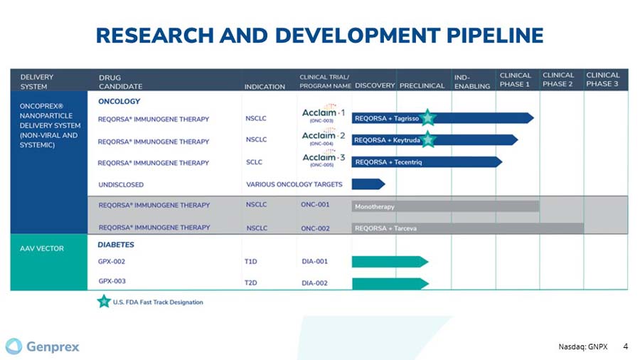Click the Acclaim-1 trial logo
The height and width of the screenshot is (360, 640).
click(324, 115)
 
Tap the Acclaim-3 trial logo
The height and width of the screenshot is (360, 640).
click(324, 160)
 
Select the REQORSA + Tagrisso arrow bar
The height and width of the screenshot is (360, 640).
click(441, 118)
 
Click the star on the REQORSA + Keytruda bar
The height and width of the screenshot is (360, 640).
click(427, 140)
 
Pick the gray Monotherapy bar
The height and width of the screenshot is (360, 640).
click(444, 206)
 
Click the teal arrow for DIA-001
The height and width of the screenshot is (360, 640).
click(389, 262)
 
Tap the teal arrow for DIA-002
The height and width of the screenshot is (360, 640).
click(389, 283)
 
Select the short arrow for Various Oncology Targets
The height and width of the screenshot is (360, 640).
click(368, 184)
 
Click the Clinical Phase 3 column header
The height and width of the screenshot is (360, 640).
click(602, 80)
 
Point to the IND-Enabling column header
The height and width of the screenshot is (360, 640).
click(472, 81)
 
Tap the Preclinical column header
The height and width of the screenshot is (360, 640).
click(422, 86)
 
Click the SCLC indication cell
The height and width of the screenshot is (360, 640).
click(254, 162)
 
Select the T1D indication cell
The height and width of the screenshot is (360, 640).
click(251, 262)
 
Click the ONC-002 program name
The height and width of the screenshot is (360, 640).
click(315, 228)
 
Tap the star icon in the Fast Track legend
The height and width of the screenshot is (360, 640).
click(104, 302)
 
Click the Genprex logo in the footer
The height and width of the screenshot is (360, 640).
click(43, 346)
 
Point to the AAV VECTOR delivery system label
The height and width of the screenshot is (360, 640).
click(42, 248)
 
